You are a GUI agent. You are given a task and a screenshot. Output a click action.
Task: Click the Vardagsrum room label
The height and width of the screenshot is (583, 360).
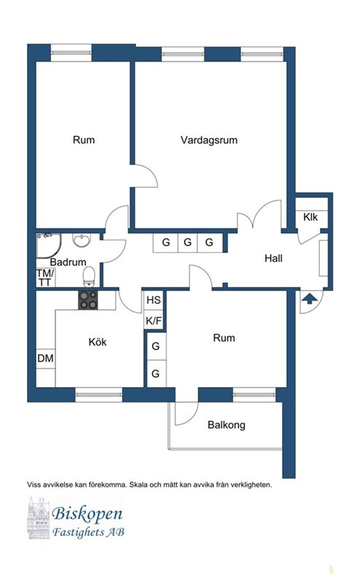pos(209,140)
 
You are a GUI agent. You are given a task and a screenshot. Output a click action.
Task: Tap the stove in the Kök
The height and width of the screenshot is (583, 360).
pos(88,300)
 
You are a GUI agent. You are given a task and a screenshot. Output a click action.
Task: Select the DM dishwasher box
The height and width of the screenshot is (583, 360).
pos(46,359)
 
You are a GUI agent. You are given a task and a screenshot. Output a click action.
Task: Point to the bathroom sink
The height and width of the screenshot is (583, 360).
pos(81,240)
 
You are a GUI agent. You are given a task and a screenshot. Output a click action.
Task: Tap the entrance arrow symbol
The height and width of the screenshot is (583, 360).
pos(310,299)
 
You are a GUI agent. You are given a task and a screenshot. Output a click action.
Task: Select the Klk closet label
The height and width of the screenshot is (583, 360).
pos(310,216)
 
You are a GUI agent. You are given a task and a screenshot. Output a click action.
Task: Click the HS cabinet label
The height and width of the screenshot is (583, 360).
pos(154,300)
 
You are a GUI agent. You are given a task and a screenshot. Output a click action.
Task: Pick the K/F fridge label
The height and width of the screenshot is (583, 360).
pos(154,321)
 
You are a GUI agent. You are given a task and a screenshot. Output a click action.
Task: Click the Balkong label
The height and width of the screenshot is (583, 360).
pos(227,425)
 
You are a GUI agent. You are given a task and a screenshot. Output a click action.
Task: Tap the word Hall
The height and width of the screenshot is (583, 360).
pos(273,258)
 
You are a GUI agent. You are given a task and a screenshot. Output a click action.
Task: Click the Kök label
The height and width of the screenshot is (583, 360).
pos(98,342)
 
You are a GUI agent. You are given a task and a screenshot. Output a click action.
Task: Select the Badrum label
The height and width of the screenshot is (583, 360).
pos(68,262)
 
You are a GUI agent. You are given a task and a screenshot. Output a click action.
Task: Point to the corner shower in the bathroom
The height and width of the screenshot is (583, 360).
pos(48,246)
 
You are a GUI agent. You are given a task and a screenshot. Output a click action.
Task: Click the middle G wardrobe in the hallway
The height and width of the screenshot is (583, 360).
pos(187,243)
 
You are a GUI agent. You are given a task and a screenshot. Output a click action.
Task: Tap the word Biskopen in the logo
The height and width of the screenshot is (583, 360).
pos(87,514)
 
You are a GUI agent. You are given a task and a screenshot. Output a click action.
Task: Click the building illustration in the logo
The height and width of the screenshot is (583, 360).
pos(39,518)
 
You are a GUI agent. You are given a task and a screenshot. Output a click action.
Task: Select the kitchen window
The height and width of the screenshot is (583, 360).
pos(99,394)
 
